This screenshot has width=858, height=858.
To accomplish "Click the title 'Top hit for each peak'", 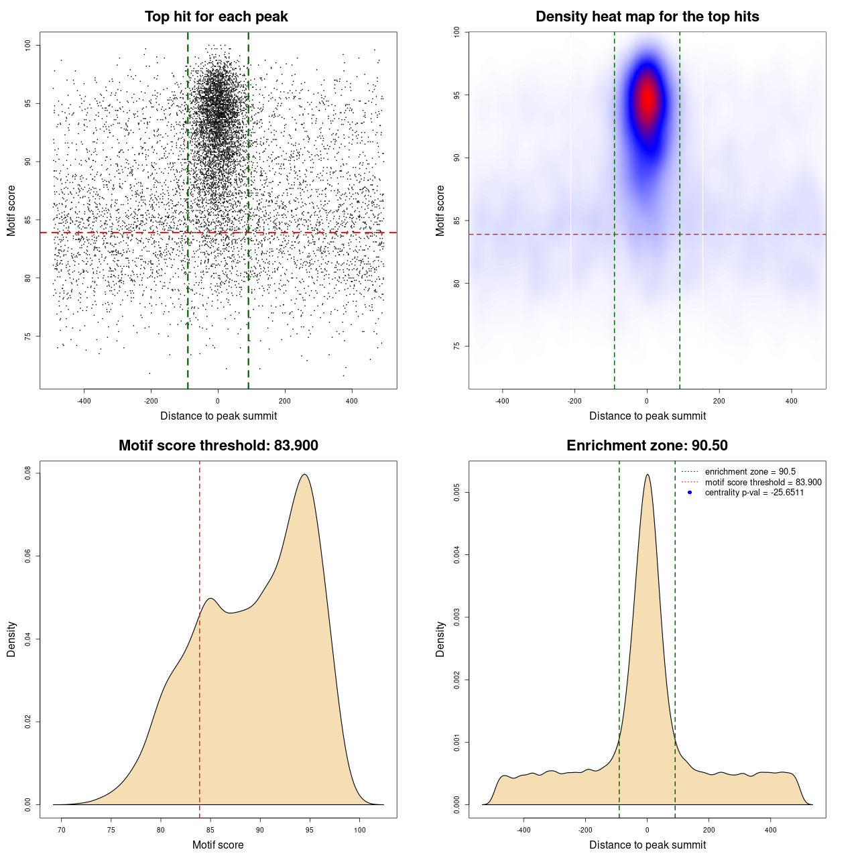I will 216,17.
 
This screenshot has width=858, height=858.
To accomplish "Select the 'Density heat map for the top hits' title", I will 647,17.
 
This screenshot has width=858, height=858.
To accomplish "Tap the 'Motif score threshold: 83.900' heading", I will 218,446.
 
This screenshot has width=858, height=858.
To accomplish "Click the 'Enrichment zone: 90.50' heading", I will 647,446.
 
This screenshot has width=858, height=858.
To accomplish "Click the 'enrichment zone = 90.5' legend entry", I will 750,472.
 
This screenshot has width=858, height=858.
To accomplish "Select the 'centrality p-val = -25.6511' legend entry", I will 754,493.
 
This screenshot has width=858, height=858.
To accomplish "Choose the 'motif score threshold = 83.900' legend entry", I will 763,483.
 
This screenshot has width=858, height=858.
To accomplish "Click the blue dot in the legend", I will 690,493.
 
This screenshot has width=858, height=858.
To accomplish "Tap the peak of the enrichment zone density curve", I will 648,475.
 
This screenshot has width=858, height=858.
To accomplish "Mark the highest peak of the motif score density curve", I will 305,475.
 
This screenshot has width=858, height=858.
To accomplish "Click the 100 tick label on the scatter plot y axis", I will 27,45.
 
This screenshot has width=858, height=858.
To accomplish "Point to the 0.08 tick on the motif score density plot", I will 27,473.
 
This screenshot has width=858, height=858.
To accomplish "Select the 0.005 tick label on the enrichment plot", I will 456,493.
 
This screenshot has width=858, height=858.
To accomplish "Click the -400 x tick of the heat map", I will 502,402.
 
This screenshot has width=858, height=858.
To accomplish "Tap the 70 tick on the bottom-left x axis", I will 62,830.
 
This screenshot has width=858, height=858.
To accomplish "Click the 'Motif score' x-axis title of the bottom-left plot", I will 218,845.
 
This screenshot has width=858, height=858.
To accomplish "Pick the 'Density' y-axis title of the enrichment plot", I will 440,639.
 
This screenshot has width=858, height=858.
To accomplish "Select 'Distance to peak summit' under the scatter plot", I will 219,416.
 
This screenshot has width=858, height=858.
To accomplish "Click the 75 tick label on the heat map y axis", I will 456,346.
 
